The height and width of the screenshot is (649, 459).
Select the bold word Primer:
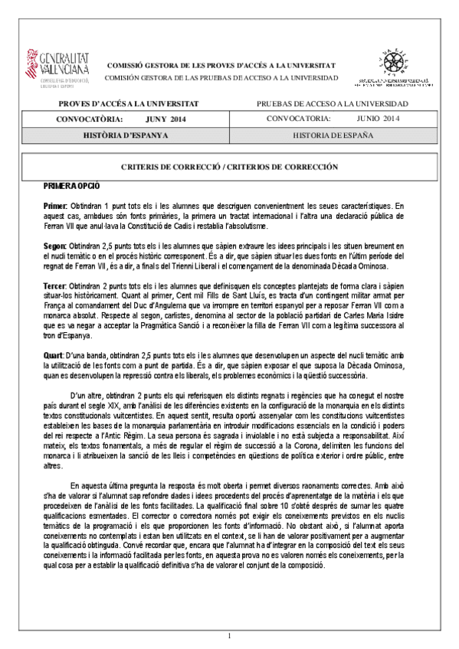(55, 207)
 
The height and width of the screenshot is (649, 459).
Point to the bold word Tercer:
(57, 285)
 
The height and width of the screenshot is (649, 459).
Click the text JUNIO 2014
(378, 119)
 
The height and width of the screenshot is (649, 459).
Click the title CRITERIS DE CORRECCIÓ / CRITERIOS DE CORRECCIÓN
(229, 166)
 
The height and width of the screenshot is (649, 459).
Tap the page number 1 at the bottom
(229, 636)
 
